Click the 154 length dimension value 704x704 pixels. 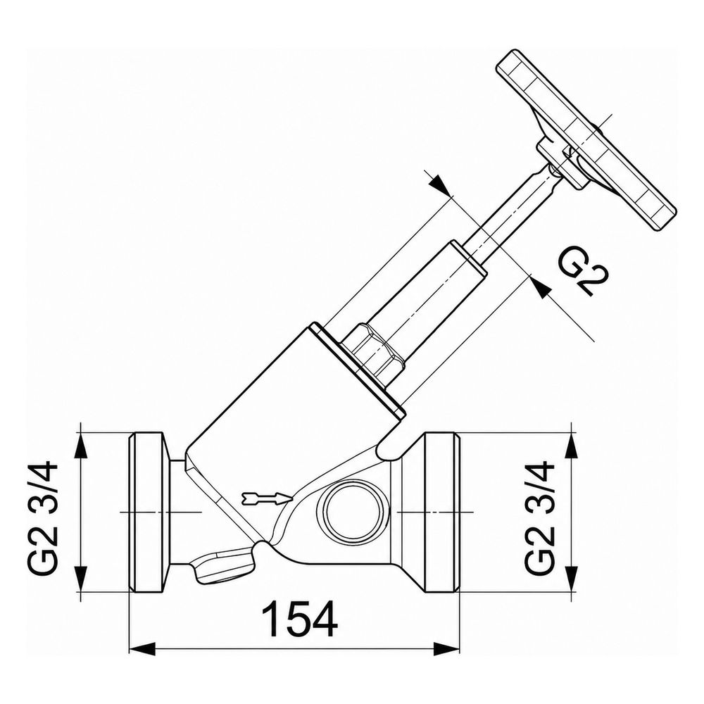coord(299,620)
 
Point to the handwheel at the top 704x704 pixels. coord(586,139)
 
